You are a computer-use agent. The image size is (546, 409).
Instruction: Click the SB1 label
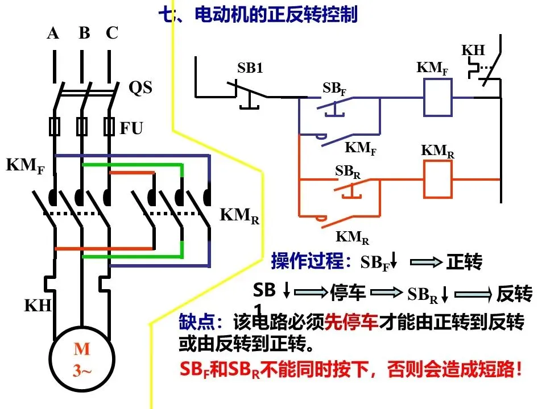[x=250, y=68]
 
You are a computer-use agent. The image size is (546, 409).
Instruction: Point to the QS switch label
[x=140, y=87]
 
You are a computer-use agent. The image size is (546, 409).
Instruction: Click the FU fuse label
[x=131, y=128]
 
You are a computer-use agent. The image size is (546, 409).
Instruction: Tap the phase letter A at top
[x=53, y=34]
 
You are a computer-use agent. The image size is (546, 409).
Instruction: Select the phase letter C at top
[x=112, y=33]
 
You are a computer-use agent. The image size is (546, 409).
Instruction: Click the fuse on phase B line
[x=82, y=127]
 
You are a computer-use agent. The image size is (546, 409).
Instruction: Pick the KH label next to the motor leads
[x=38, y=306]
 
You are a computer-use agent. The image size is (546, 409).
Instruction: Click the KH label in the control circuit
[x=473, y=51]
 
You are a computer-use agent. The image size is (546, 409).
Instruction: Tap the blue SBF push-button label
[x=334, y=89]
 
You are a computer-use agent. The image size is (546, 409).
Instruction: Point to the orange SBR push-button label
[x=348, y=172]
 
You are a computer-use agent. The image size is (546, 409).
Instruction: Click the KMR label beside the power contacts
[x=239, y=216]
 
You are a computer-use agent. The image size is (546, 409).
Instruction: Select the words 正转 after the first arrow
[x=465, y=262]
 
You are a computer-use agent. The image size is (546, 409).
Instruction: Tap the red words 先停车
[x=351, y=322]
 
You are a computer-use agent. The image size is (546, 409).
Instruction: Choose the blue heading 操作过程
[x=307, y=261]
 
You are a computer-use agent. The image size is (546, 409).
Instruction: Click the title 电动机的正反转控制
[x=276, y=15]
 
